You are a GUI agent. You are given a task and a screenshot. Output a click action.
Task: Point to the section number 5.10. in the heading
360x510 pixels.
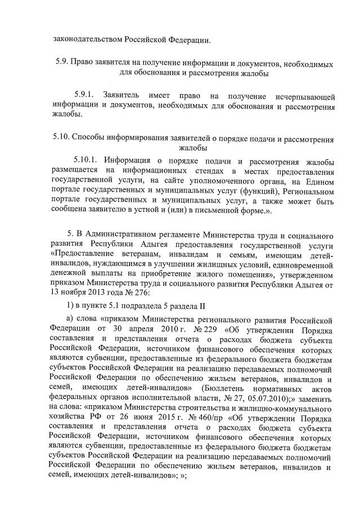(x=65, y=138)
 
